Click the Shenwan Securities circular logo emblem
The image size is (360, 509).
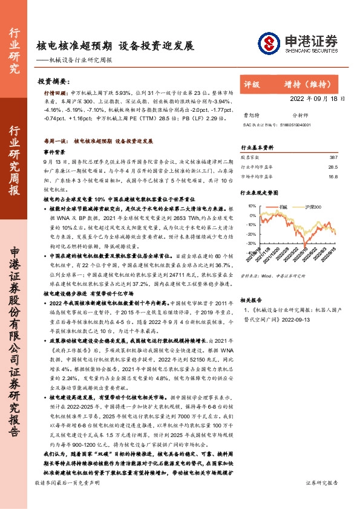tap(267, 42)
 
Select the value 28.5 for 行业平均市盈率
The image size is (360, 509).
tap(332, 166)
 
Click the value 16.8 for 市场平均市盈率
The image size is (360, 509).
tap(332, 177)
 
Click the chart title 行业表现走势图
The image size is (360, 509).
tap(260, 193)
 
